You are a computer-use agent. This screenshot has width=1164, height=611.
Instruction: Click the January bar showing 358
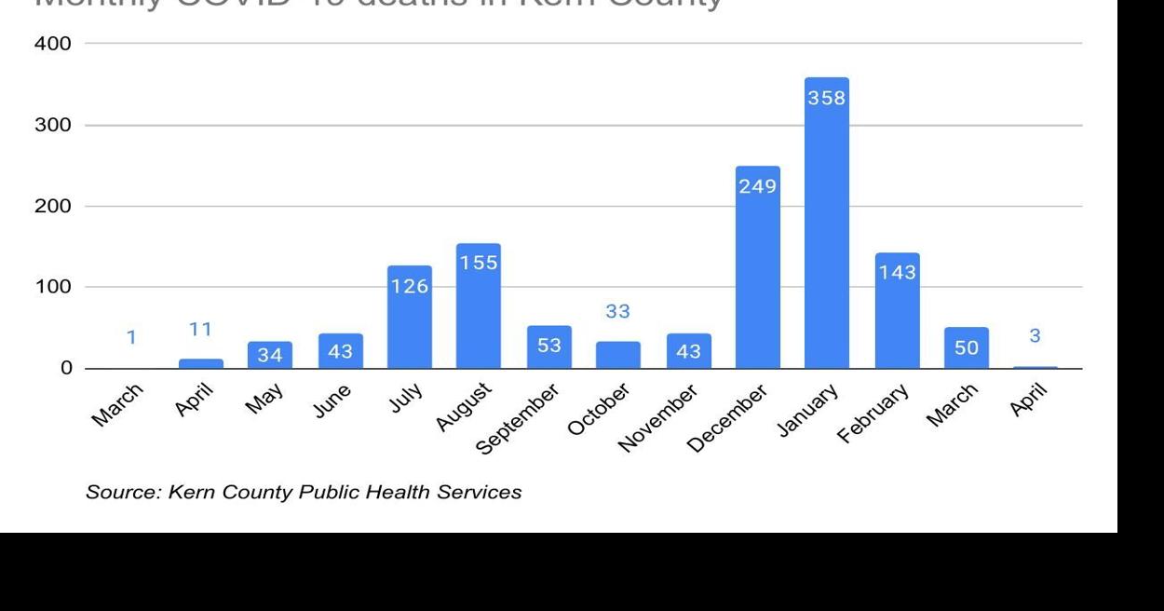pos(826,224)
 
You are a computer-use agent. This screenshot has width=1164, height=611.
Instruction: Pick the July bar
pos(409,318)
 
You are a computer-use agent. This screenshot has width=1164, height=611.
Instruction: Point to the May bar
pos(270,355)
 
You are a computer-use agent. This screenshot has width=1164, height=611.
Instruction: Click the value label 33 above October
pos(617,312)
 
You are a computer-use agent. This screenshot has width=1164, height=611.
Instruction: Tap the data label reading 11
pos(200,329)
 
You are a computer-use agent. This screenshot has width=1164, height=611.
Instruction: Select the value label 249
pos(757,186)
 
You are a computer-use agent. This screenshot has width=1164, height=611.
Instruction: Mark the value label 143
pos(897,272)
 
